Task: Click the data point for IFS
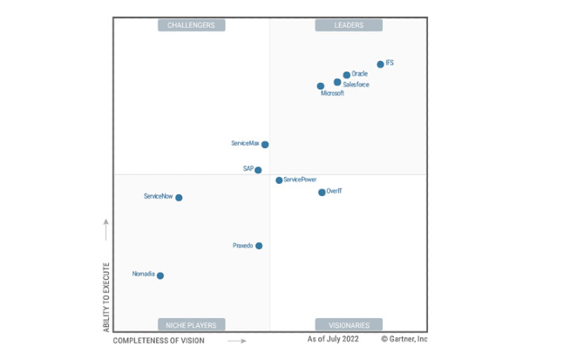(x=380, y=64)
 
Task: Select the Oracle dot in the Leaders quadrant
(x=347, y=75)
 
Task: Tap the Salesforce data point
(x=337, y=82)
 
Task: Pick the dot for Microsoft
(x=321, y=86)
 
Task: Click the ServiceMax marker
(x=265, y=145)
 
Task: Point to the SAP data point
(x=258, y=170)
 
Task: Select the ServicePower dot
(x=279, y=180)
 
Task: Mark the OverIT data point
(x=322, y=192)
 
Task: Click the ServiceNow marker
(x=179, y=198)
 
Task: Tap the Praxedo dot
(x=259, y=246)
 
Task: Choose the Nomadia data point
(x=160, y=275)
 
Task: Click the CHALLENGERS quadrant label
(x=191, y=25)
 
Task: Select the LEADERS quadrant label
(x=349, y=25)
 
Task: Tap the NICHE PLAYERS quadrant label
(x=191, y=325)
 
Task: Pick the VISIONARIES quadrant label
(x=349, y=325)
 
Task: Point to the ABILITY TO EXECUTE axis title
(x=106, y=296)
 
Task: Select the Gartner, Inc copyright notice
(x=404, y=338)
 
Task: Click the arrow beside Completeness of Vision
(x=236, y=341)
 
